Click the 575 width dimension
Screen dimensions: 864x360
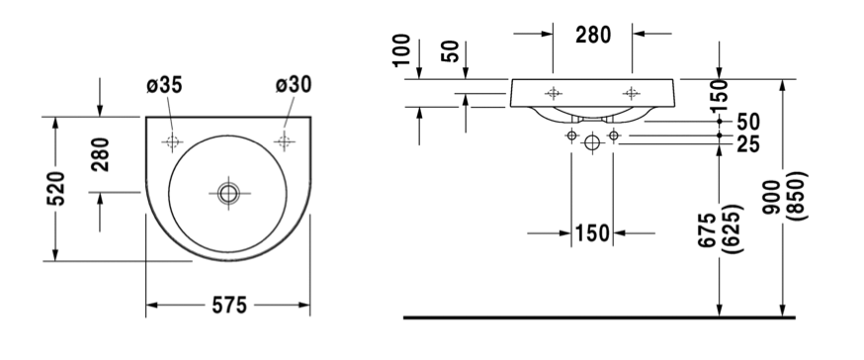coord(229,305)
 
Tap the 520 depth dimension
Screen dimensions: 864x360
coord(55,189)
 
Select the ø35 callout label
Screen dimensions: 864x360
coord(164,85)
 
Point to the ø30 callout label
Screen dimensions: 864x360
coord(294,84)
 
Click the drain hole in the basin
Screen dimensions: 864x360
coord(228,193)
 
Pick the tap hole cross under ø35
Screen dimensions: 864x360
coord(172,141)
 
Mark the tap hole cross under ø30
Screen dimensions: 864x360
coord(285,141)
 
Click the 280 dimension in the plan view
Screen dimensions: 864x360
coord(101,154)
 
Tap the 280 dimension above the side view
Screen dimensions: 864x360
coord(593,35)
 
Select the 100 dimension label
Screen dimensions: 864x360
coord(402,50)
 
